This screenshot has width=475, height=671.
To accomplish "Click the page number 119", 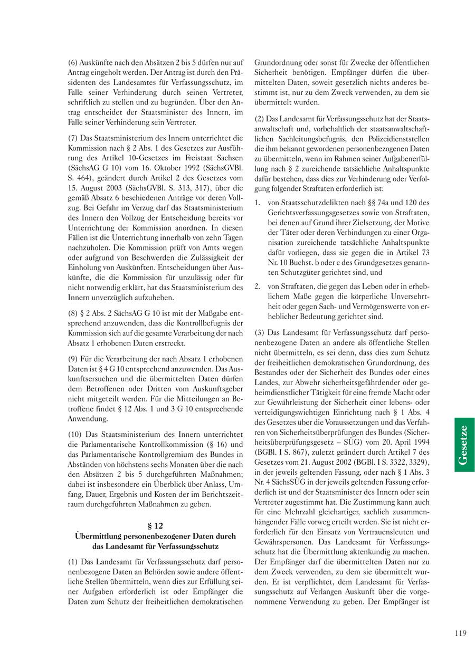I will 460,634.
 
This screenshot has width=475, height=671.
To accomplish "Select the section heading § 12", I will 155,526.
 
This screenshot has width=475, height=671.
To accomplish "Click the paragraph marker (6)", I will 73,63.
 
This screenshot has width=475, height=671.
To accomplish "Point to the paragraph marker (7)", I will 73,138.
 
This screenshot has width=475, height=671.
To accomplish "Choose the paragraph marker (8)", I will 73,313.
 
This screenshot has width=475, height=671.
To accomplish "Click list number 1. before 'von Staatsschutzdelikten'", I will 258,203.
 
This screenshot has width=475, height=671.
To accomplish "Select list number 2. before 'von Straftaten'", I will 258,287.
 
